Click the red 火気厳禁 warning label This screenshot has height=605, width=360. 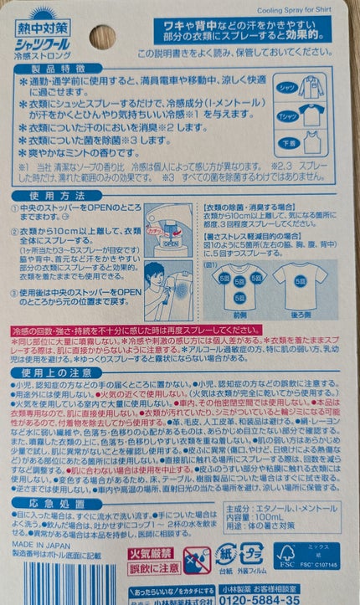coord(152,553)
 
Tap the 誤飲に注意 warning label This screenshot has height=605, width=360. coord(152,568)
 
